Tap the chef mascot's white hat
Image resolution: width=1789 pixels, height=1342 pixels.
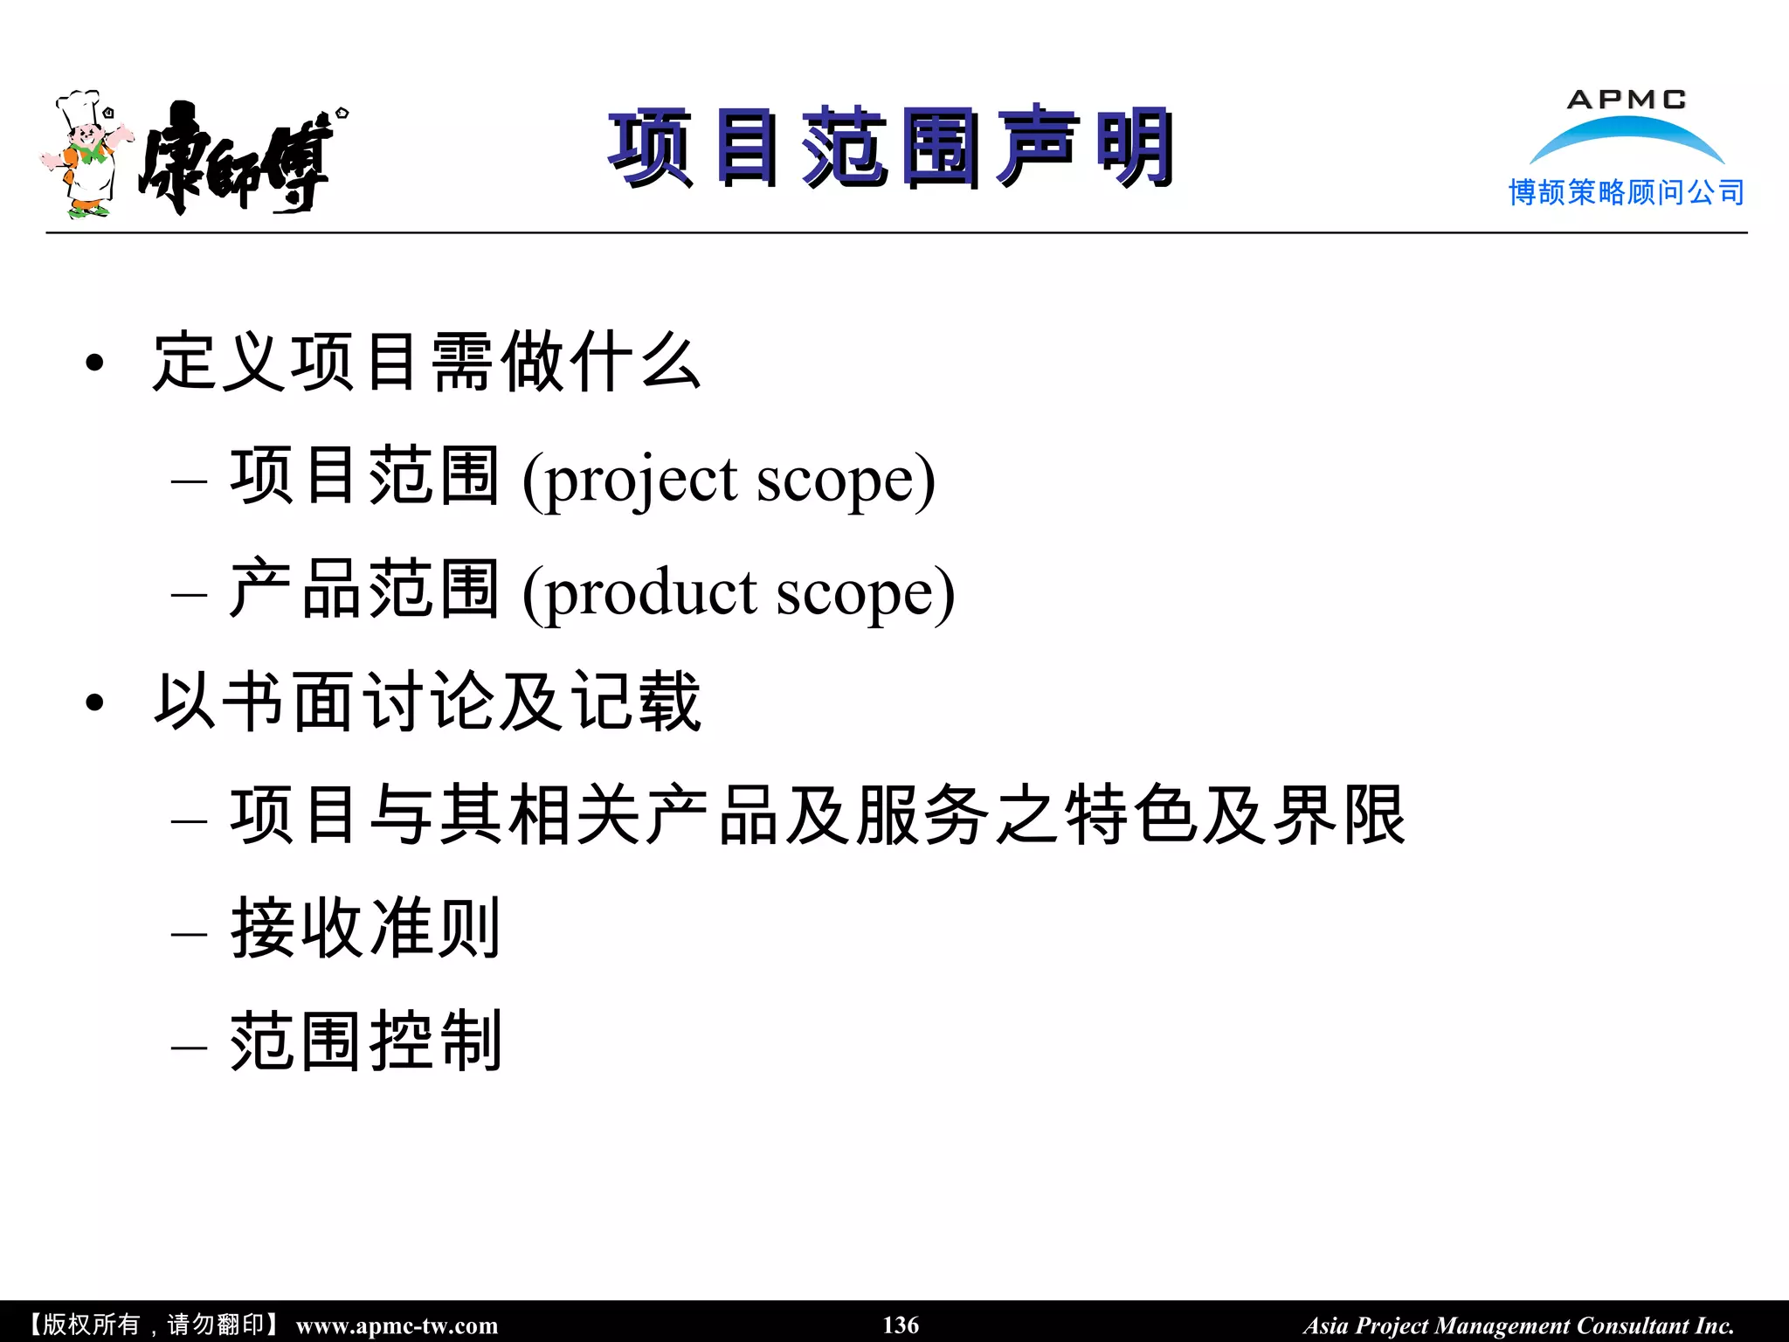point(79,107)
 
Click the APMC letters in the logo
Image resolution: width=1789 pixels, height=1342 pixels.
point(1627,100)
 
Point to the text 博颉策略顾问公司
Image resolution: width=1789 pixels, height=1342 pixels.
point(1627,192)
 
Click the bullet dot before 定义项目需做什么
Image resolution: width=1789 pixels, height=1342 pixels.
point(95,363)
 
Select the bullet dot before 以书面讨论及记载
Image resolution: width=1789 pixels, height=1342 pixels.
point(95,702)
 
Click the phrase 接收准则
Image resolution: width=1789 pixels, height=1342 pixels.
point(365,928)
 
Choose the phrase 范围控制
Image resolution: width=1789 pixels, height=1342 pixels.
point(365,1041)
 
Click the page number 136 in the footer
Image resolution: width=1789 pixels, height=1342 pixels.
point(901,1325)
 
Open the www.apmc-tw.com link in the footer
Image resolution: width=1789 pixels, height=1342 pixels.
point(397,1325)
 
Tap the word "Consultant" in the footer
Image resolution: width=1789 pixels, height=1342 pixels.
point(1633,1325)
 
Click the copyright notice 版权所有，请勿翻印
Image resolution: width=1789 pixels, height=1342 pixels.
point(154,1325)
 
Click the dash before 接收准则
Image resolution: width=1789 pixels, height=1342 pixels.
point(190,934)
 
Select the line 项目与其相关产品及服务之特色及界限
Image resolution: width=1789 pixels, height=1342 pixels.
point(818,815)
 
